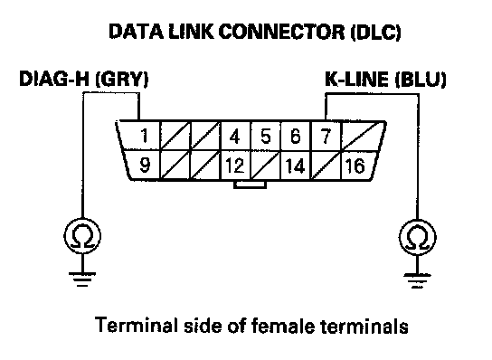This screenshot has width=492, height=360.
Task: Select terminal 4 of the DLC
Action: [x=234, y=137]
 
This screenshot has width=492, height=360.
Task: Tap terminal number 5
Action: [x=266, y=137]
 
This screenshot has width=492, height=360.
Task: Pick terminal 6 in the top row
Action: [x=295, y=137]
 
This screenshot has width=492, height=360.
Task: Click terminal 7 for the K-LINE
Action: [x=326, y=137]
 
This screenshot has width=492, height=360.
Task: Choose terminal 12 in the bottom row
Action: [x=235, y=166]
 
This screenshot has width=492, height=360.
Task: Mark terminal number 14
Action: [x=295, y=166]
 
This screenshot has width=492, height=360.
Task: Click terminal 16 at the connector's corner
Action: [x=355, y=166]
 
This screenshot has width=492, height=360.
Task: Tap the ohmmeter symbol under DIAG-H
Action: [x=82, y=236]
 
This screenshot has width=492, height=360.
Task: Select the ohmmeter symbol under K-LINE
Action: [x=418, y=237]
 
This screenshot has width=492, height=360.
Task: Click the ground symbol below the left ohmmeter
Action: [x=82, y=279]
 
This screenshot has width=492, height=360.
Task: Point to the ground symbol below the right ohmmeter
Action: [x=418, y=280]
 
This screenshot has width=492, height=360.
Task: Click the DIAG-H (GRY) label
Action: [x=84, y=79]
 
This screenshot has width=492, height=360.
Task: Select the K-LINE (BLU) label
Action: [x=385, y=80]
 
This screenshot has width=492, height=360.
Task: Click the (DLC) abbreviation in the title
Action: [x=375, y=33]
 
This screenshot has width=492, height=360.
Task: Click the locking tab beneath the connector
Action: [x=251, y=185]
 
